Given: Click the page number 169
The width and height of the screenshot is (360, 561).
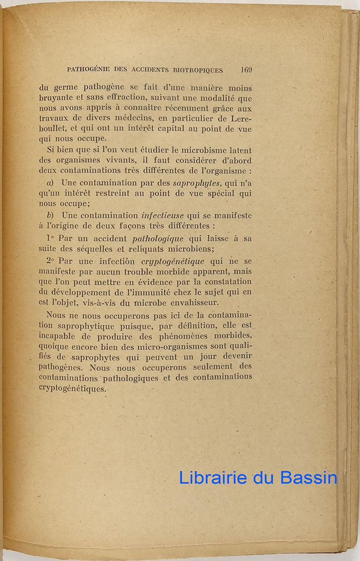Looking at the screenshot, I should [x=246, y=70].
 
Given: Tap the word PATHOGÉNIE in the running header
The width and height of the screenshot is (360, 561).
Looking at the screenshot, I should [x=88, y=71].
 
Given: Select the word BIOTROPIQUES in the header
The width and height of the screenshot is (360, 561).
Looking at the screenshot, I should [x=198, y=71].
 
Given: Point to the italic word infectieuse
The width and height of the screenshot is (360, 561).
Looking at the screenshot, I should [x=162, y=216].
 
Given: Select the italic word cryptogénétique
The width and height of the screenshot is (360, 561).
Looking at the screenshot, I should [x=173, y=261].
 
